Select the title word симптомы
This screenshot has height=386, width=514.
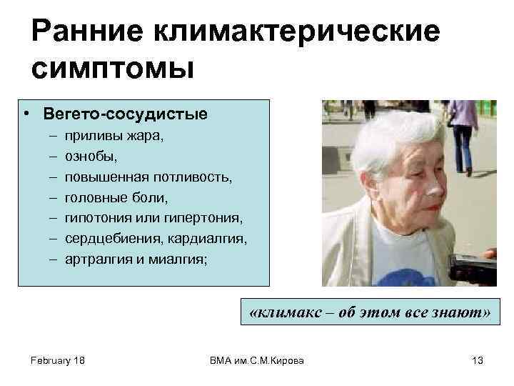point(113,69)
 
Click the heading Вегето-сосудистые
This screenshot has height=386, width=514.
point(126,114)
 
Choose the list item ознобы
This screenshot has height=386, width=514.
point(91,155)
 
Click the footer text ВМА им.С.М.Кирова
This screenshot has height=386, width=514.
point(257,360)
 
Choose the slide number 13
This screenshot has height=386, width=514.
point(478,360)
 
